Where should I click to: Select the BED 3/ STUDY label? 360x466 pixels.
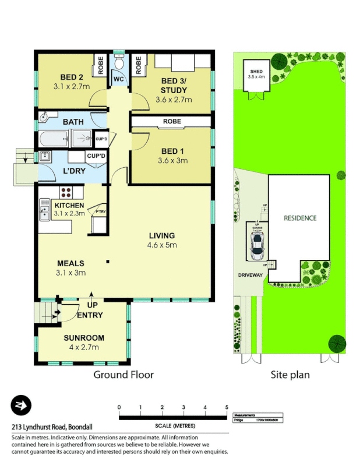pos(174,86)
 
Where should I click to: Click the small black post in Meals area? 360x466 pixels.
pos(107,262)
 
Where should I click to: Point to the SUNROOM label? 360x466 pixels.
pos(83,338)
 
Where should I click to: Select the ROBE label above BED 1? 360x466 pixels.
pos(172,122)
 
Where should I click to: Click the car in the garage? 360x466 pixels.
pos(256,247)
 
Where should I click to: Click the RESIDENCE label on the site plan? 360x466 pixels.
pos(300,218)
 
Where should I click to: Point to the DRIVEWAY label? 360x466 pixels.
pos(249,275)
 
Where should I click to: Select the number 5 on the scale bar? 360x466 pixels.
pos(226,407)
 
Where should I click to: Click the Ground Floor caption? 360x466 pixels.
pos(123,375)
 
